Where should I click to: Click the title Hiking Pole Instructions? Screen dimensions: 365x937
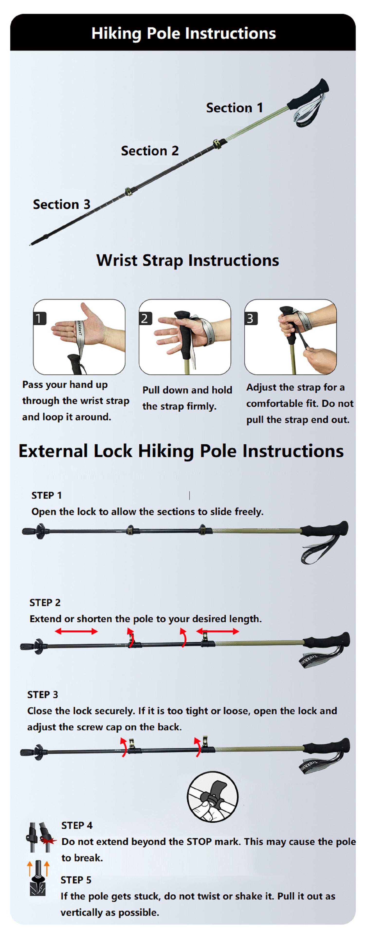click(x=183, y=33)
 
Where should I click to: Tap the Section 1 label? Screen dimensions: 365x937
click(x=235, y=108)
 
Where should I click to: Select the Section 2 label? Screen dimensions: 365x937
click(x=150, y=150)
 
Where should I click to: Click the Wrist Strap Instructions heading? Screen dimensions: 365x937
click(x=188, y=261)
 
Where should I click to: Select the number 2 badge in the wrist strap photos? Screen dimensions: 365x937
click(x=145, y=318)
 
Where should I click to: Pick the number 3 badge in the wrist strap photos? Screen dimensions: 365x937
click(x=250, y=318)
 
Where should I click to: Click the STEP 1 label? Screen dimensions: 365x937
click(x=46, y=496)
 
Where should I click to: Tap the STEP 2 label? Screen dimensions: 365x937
click(x=45, y=603)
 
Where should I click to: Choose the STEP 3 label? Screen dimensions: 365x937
click(x=43, y=695)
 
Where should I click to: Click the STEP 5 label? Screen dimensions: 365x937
click(x=76, y=880)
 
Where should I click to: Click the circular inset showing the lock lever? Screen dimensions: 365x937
click(x=213, y=797)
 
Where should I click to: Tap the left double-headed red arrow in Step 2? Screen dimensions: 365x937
click(x=76, y=631)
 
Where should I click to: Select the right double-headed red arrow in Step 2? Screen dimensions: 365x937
click(x=217, y=631)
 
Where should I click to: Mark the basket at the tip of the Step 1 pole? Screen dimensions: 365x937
click(x=40, y=531)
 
